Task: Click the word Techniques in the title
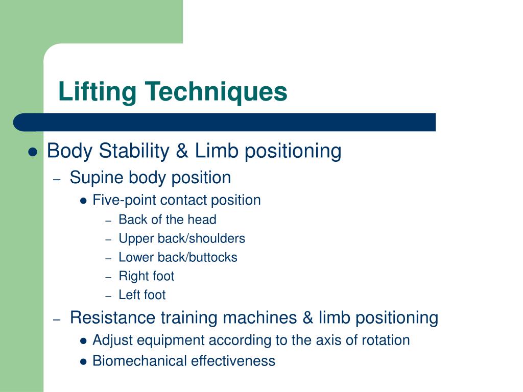coord(216,92)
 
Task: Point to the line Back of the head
coord(167,220)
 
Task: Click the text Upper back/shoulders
coord(181,238)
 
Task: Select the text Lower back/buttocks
coord(178,257)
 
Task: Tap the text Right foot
coord(146,276)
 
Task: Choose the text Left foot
coord(142,295)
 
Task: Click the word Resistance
coord(113,317)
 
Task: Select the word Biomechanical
coord(140,361)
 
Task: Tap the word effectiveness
coord(233,361)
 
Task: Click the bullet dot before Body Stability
coord(34,152)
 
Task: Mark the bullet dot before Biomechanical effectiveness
coord(84,362)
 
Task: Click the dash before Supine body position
coord(57,179)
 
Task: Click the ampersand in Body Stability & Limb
coord(182,151)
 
